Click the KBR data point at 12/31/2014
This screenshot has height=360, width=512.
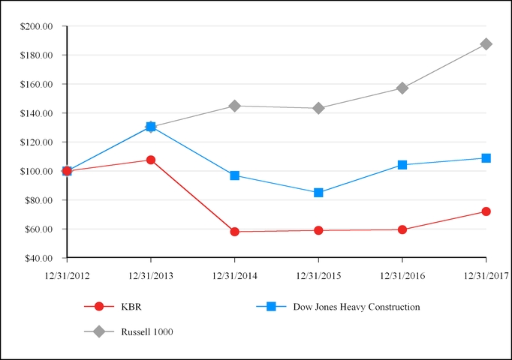(x=235, y=232)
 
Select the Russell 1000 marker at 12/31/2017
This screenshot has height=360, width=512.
(x=486, y=44)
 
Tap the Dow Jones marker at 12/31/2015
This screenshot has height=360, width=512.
(x=318, y=193)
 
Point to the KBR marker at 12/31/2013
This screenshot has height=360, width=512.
(x=151, y=160)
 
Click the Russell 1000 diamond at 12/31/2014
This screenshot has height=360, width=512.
(x=235, y=106)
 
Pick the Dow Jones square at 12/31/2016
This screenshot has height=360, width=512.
(x=402, y=165)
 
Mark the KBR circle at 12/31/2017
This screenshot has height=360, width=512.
(x=486, y=211)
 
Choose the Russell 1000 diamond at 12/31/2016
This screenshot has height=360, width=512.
(x=402, y=88)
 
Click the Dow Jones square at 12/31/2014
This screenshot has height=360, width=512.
(x=235, y=175)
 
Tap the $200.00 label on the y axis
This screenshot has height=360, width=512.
(x=37, y=26)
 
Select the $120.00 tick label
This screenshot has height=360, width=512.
(x=37, y=142)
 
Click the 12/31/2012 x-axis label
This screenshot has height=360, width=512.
(x=67, y=276)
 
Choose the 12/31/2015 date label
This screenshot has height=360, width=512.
(x=318, y=276)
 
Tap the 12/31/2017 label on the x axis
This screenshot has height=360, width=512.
(x=486, y=276)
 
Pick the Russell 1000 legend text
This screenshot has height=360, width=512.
(x=147, y=331)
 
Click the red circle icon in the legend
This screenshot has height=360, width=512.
(x=98, y=306)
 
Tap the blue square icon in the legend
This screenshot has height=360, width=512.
(x=271, y=306)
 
